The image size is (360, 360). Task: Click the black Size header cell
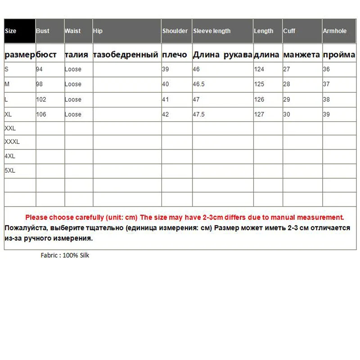click(x=20, y=31)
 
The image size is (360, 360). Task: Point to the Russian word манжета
click(x=301, y=55)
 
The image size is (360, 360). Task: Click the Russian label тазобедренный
click(x=126, y=55)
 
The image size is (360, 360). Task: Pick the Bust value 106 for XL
click(x=41, y=114)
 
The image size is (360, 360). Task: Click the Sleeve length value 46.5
click(x=200, y=84)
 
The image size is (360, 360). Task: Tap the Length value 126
click(x=259, y=99)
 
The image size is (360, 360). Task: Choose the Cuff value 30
click(x=287, y=114)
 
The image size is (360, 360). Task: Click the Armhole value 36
click(x=326, y=70)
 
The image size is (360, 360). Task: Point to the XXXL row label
click(x=12, y=142)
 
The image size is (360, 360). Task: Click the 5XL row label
click(x=10, y=171)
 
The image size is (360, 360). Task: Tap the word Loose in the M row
click(x=73, y=84)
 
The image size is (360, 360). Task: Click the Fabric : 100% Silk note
click(x=65, y=256)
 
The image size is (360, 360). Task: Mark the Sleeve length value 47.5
click(x=199, y=114)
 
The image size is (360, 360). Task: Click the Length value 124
click(x=259, y=70)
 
